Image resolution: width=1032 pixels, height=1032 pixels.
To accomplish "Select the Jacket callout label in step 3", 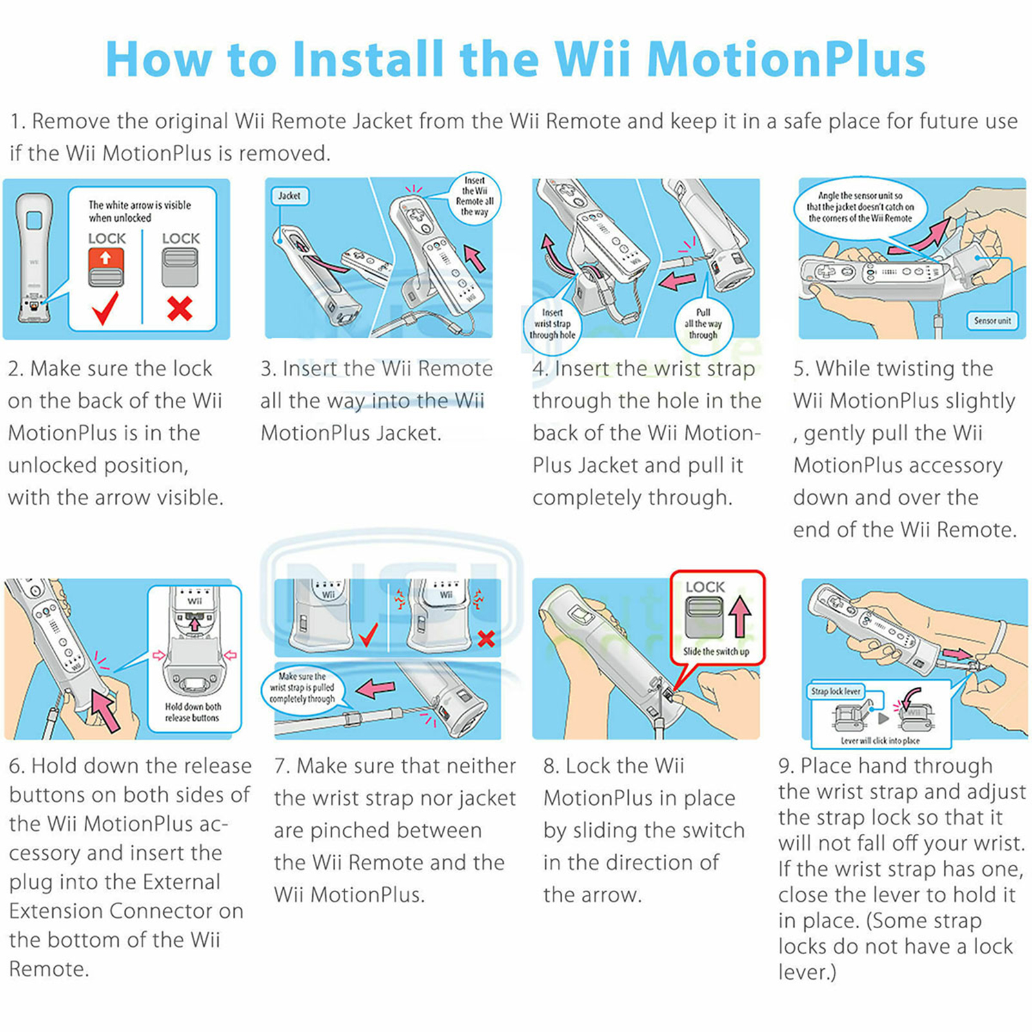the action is [x=289, y=195].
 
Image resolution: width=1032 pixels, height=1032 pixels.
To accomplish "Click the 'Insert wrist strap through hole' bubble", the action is [x=552, y=324].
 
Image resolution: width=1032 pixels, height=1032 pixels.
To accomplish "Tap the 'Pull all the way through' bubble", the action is [x=703, y=324].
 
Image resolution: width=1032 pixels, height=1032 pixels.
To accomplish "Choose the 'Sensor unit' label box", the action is [x=992, y=321].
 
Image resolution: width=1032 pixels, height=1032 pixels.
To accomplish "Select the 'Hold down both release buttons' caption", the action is [x=192, y=712].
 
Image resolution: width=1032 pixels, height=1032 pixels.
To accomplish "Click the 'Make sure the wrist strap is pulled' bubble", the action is [x=303, y=688].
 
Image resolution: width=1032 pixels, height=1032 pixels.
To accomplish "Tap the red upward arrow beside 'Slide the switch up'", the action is [x=740, y=616].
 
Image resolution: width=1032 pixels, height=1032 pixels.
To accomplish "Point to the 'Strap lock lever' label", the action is [x=836, y=691].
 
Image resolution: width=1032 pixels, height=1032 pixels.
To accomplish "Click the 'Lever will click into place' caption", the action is [x=880, y=740].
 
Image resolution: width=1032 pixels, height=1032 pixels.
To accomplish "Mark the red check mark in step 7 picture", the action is [x=368, y=634].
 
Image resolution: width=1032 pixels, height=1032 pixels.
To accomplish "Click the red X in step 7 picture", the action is [x=486, y=639].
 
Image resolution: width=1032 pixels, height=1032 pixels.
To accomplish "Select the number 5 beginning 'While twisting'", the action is [x=800, y=369].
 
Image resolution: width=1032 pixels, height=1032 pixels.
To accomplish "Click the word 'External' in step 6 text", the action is [x=181, y=882].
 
